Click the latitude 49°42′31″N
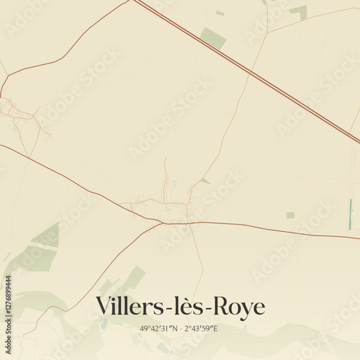click(x=162, y=329)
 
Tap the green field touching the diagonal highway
click(x=213, y=38)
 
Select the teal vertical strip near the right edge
click(x=350, y=215)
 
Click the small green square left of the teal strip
click(x=290, y=215)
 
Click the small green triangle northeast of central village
click(x=205, y=181)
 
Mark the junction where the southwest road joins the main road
click(x=164, y=223)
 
